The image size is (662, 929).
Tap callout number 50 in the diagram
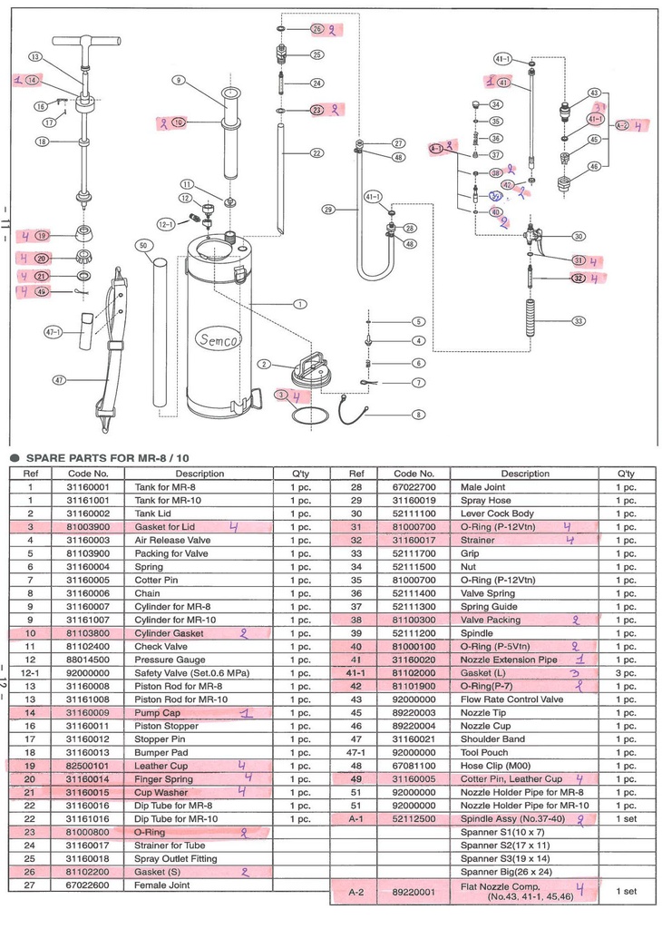tap(142, 246)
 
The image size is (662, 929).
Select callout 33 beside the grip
tap(578, 320)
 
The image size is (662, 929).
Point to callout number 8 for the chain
tap(418, 415)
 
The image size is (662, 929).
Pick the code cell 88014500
tap(89, 660)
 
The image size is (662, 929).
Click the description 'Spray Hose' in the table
tap(487, 500)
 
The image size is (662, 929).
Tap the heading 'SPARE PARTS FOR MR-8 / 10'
tap(107, 458)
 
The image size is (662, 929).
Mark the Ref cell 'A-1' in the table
tap(356, 818)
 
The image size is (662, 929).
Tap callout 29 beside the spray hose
tap(328, 209)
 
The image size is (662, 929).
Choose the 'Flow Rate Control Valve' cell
tap(513, 699)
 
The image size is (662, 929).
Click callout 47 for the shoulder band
tap(59, 380)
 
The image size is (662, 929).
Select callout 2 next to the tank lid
tap(264, 364)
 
